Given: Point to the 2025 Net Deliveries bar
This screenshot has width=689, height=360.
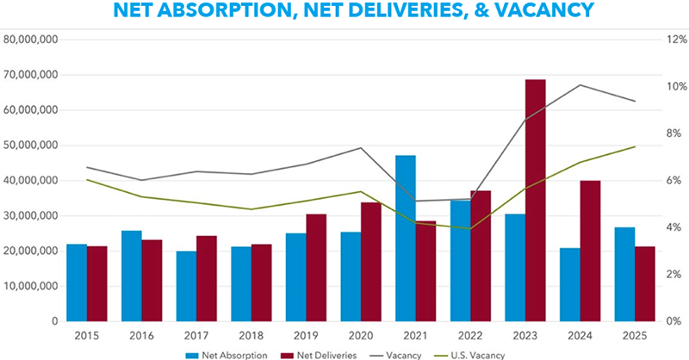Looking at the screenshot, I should click(x=620, y=283).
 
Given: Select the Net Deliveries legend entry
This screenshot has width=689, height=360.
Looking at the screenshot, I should click(x=322, y=354).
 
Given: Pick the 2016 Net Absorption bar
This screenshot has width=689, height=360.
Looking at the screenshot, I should click(x=131, y=276).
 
